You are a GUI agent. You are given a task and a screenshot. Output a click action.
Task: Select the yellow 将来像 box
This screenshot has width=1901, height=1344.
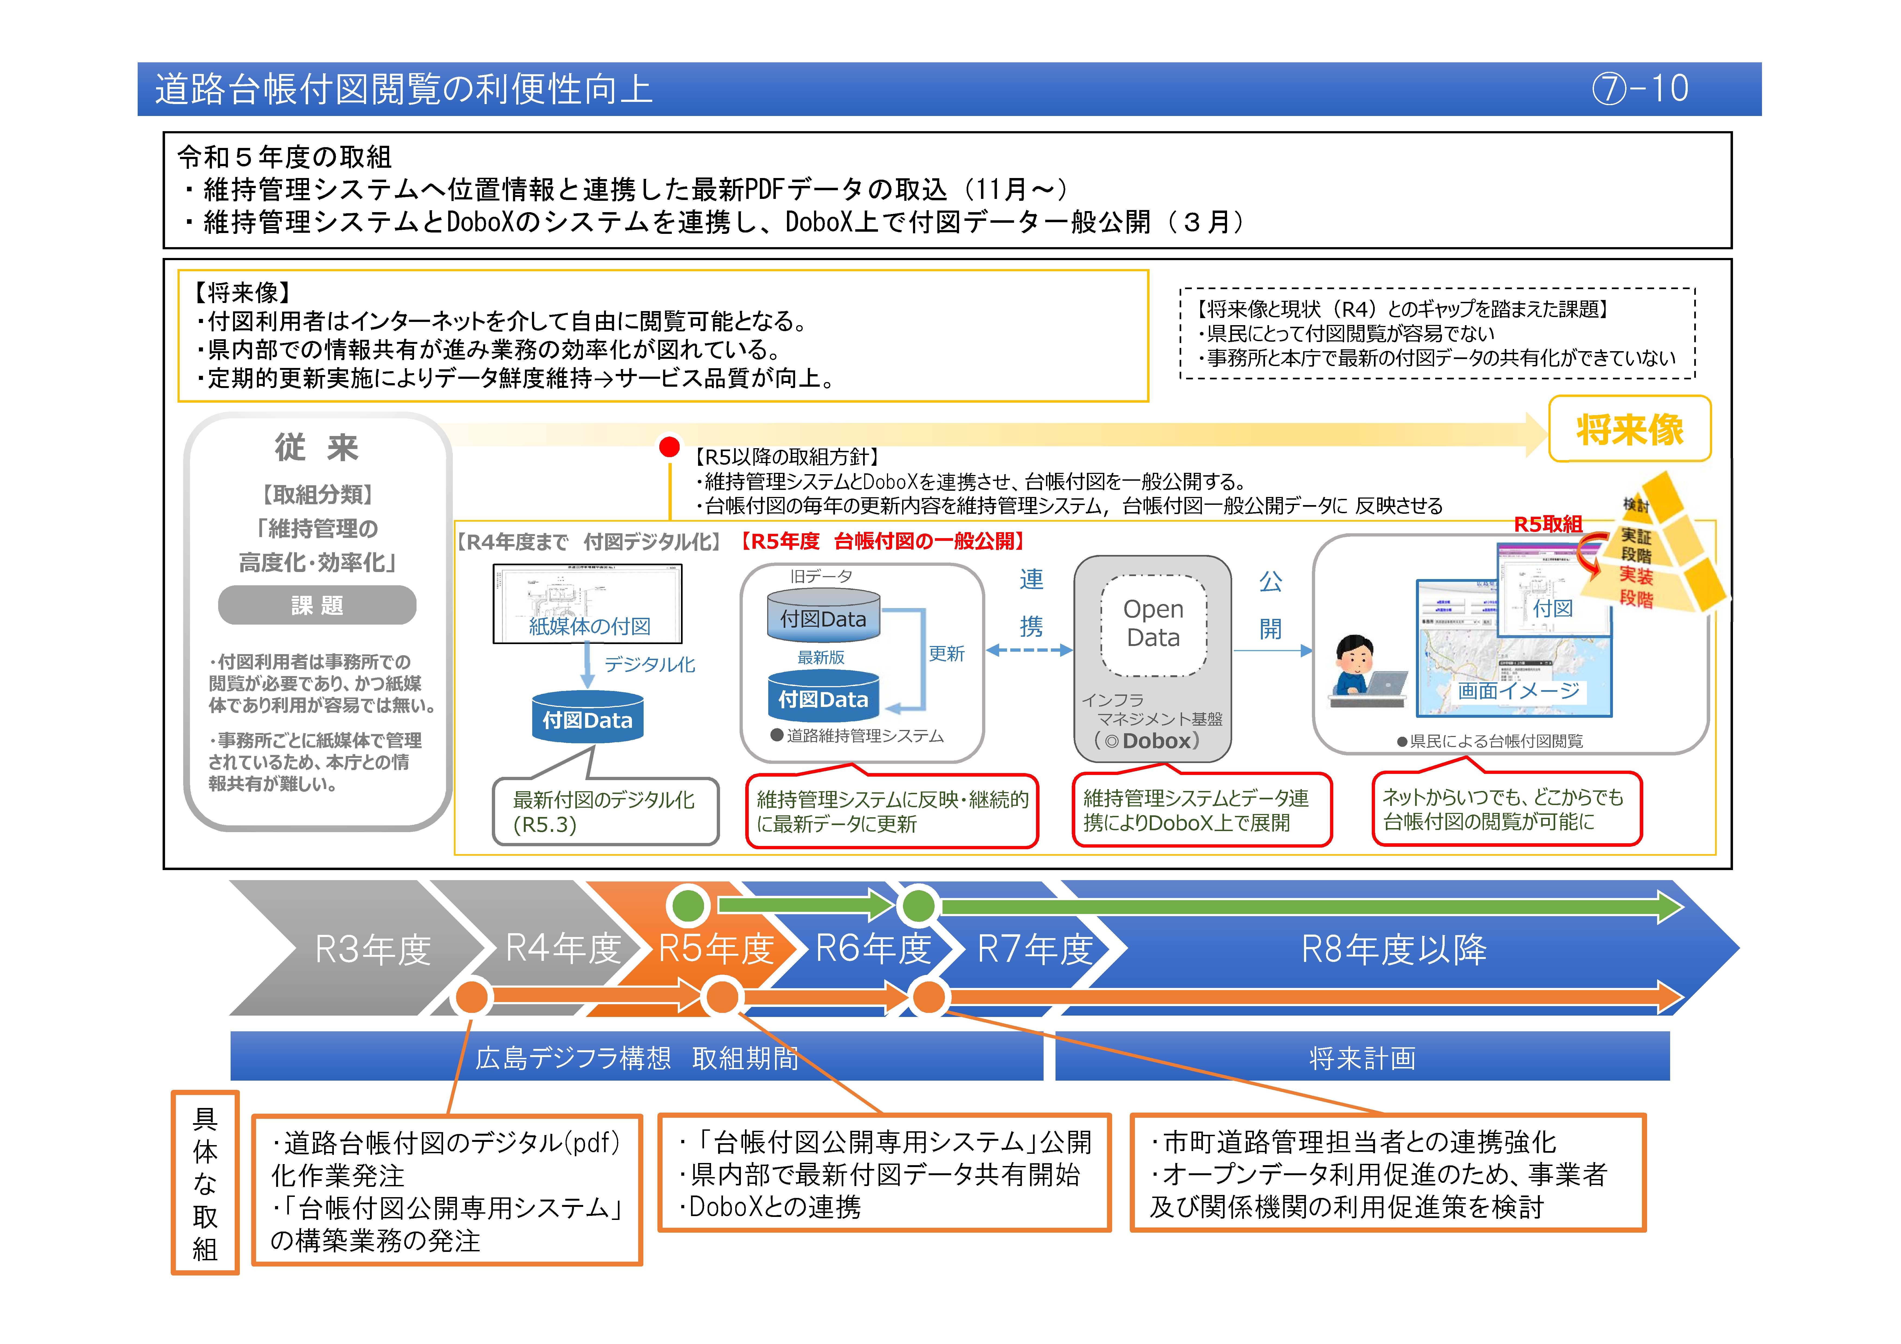pos(1629,429)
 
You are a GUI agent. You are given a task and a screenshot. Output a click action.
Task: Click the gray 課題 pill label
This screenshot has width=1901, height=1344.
pos(317,605)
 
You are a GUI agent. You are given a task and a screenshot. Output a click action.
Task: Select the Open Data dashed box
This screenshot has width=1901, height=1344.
pos(1153,624)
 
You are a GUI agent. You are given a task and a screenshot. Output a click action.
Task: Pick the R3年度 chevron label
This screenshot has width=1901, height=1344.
pos(373,949)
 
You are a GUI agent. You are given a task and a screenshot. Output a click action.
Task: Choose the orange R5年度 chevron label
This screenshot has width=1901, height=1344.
pos(715,949)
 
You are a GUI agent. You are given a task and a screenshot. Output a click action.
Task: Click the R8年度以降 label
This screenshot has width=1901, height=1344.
pos(1393,949)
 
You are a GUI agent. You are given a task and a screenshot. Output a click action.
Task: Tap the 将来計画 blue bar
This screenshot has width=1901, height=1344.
pos(1362,1058)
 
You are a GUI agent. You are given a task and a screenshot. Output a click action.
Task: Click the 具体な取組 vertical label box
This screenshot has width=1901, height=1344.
pos(205,1183)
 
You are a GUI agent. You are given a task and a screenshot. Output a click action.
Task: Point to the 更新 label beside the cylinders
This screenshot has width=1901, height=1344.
pos(946,653)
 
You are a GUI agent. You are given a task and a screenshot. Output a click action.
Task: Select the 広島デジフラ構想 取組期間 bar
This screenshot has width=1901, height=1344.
pos(636,1058)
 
